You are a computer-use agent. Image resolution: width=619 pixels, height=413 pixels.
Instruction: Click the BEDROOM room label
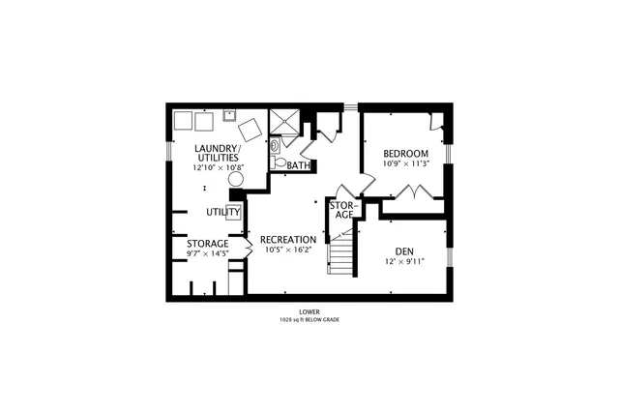[x=405, y=154]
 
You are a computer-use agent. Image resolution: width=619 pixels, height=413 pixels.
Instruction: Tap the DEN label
[x=404, y=248]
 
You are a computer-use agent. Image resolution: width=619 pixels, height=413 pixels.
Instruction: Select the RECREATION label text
[x=288, y=239]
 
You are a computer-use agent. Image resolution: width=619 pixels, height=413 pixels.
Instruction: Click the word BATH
[x=298, y=166]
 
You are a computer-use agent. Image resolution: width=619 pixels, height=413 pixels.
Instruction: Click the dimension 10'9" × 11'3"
[x=405, y=163]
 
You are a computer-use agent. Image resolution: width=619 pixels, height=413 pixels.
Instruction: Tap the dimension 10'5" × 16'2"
[x=288, y=250]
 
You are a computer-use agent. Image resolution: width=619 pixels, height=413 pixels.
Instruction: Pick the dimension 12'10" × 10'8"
[x=218, y=167]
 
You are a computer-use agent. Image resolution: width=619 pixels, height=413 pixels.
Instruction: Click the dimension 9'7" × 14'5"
[x=208, y=253]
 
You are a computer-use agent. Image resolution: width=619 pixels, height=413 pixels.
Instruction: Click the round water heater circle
[x=236, y=179]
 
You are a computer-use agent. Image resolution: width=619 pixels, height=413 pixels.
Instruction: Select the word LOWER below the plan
[x=309, y=311]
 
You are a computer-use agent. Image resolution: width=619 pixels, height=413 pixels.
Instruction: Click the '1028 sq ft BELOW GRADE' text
[x=309, y=319]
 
